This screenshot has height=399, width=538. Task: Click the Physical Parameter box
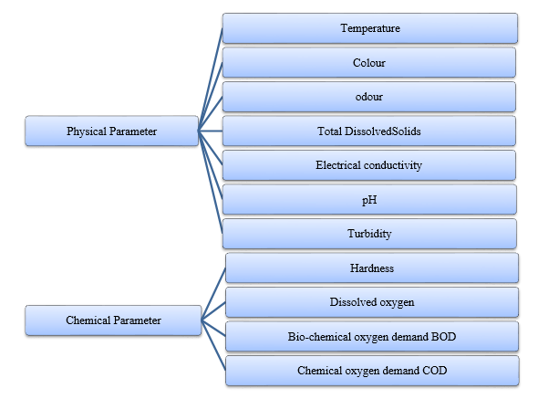coord(112,131)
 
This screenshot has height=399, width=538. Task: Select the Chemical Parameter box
coord(113,320)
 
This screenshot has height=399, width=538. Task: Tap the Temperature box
coord(370,28)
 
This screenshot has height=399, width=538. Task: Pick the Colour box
coord(368,63)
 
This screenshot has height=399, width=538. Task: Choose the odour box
coord(368,97)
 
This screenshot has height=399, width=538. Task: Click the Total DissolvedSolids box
coord(368,131)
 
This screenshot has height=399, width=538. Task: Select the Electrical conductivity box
coord(368,165)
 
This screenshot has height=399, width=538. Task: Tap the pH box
coord(369,199)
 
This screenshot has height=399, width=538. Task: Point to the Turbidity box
coord(369,234)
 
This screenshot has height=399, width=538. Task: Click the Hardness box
coord(372,268)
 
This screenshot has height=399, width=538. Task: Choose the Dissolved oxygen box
coord(372,302)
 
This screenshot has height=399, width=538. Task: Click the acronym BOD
coord(443,336)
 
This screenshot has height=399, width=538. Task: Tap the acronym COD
coord(434,371)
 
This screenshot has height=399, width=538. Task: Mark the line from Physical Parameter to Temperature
coord(211,79)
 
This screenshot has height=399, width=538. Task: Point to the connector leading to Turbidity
coord(211,182)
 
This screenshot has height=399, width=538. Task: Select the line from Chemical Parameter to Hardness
coord(213,294)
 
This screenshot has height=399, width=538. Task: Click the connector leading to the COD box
coord(213,345)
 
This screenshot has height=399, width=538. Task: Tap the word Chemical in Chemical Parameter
coord(88,320)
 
